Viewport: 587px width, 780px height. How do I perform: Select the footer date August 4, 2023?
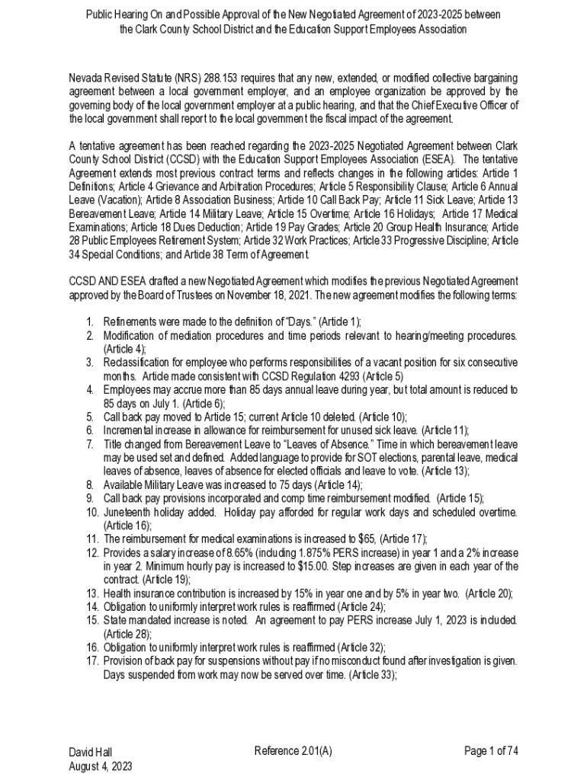click(101, 766)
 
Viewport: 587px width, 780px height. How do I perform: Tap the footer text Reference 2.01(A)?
click(293, 752)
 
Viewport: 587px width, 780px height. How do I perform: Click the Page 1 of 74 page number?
click(491, 752)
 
